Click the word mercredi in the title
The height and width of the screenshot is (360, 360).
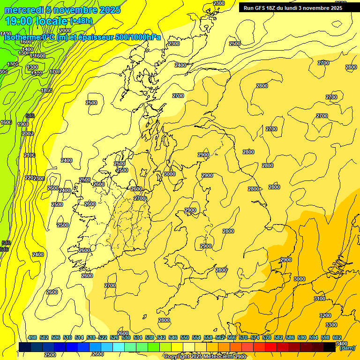pos(23,10)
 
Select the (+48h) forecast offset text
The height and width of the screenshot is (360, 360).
pos(81,21)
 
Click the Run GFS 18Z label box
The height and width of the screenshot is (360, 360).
pos(292,7)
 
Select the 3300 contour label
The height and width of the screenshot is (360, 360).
pos(331,325)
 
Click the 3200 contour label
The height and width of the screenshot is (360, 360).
pos(325,315)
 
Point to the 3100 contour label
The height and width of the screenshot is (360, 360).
pos(319,299)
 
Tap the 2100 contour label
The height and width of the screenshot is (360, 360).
pos(30,155)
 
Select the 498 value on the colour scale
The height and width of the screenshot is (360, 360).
pos(32,337)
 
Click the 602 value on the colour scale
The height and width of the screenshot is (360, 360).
pos(337,337)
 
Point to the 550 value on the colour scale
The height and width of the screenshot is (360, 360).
pos(184,337)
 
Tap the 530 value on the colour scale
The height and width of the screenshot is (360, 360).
pos(126,337)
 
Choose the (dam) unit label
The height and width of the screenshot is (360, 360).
pos(347,348)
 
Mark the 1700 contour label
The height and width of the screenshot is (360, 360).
pos(55,72)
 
